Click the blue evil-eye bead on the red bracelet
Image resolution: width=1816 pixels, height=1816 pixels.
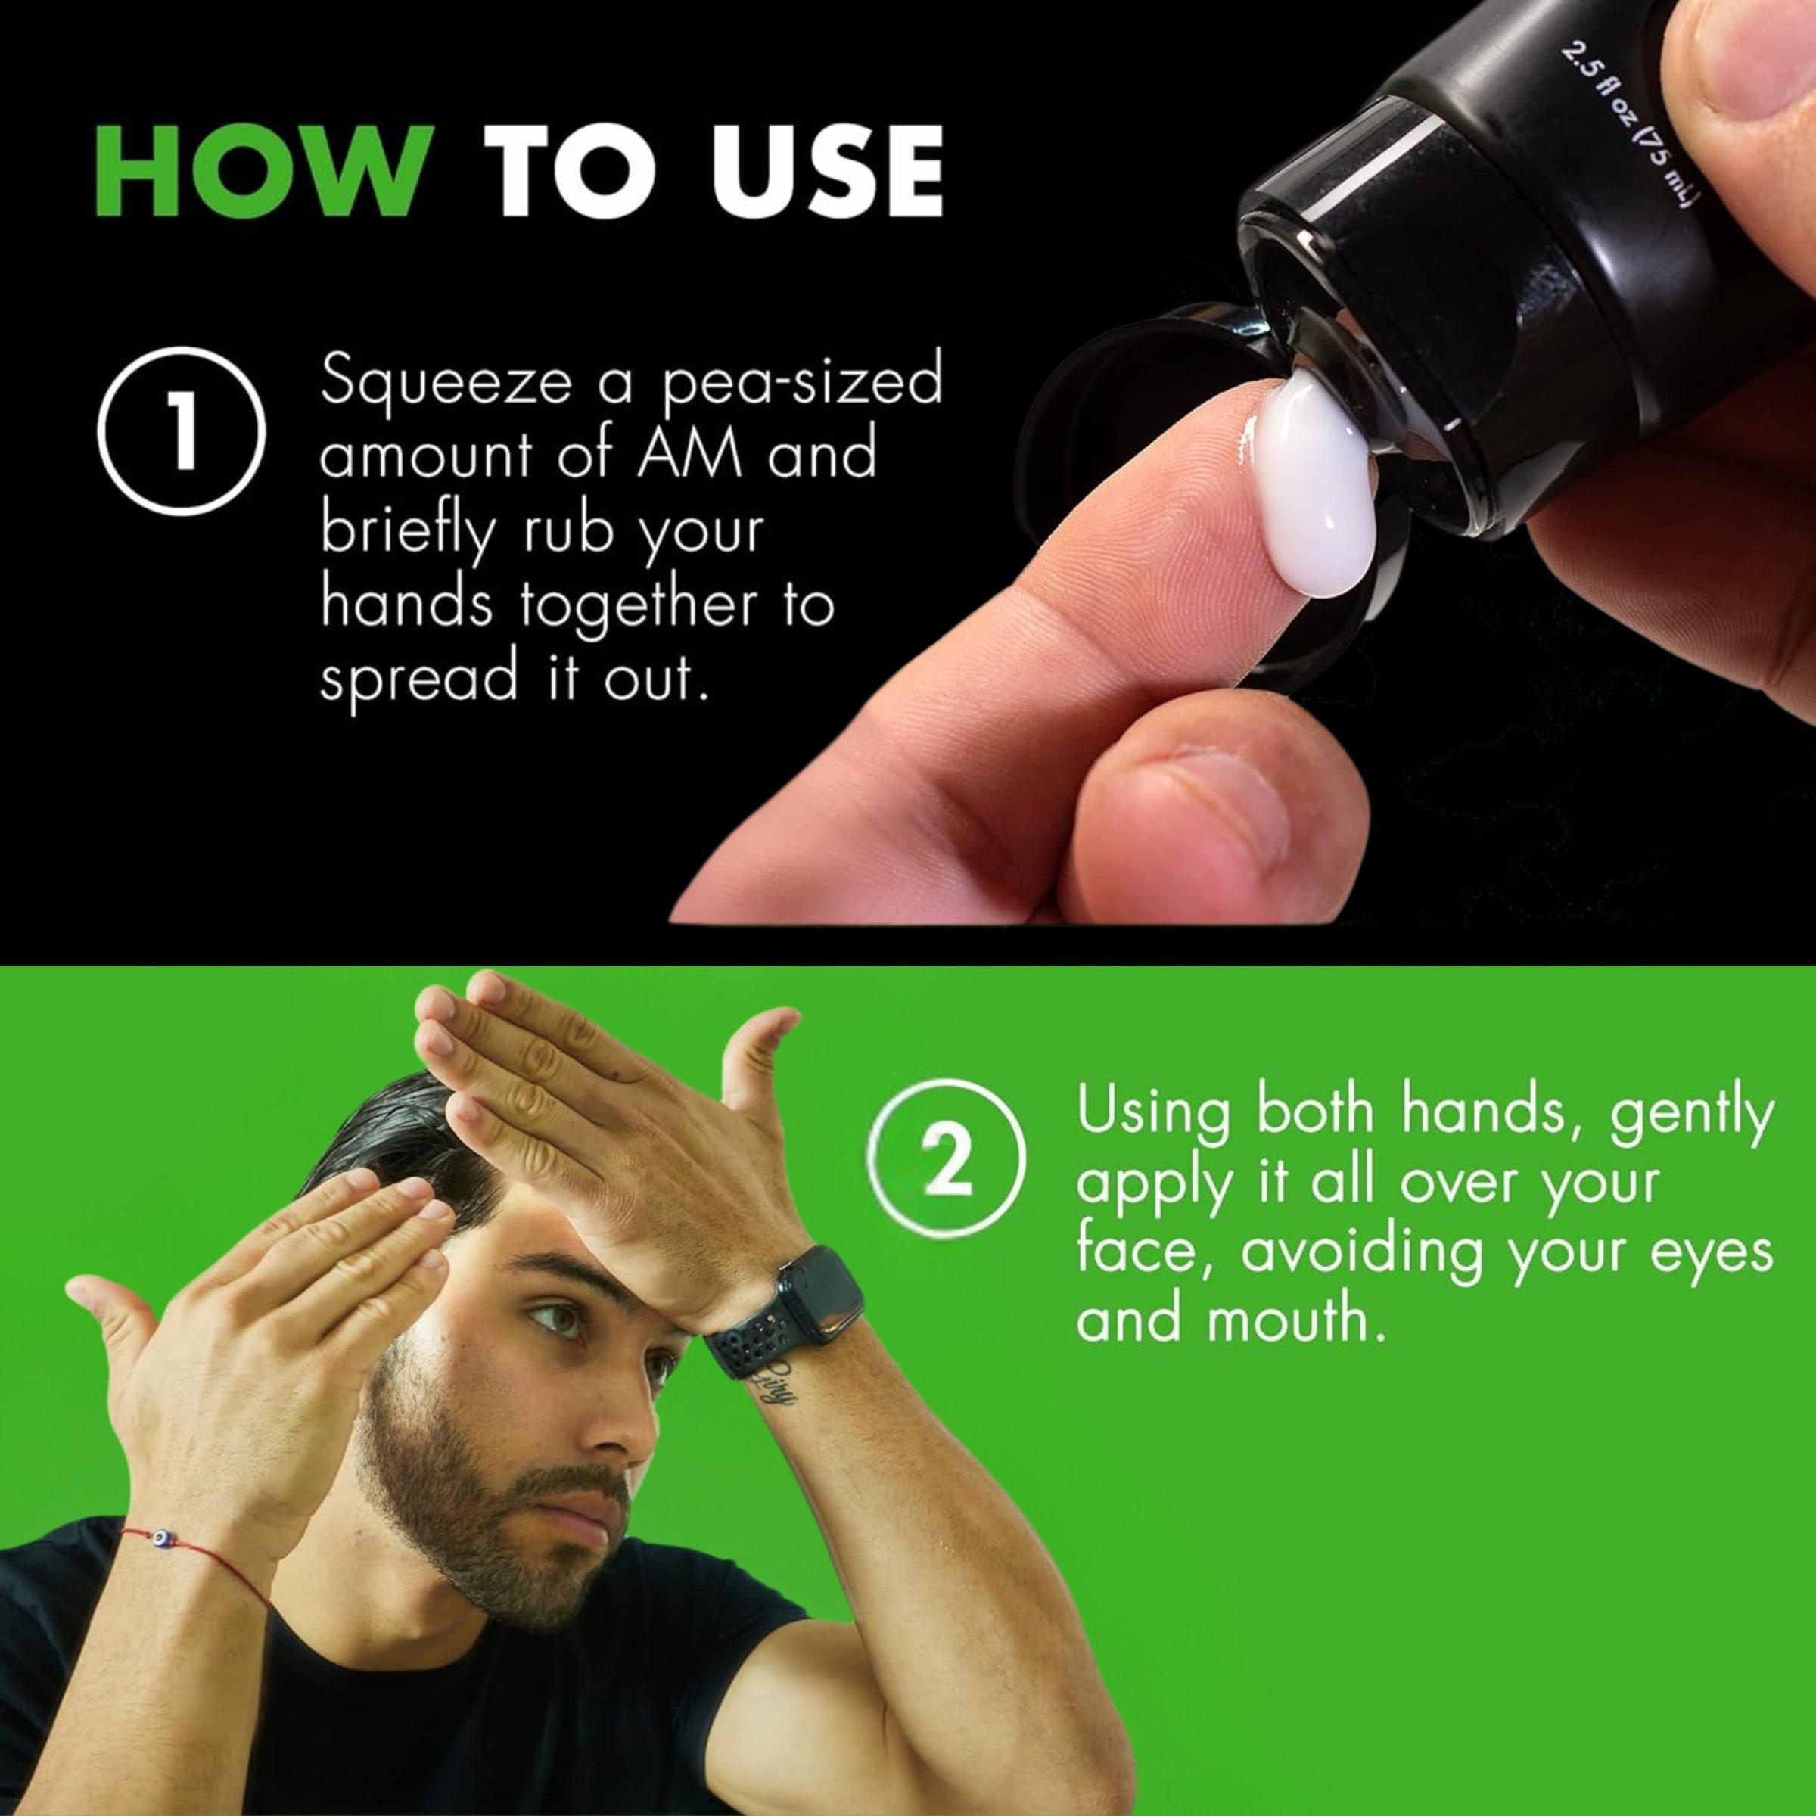163,1540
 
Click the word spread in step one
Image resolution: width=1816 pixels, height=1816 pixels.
419,679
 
